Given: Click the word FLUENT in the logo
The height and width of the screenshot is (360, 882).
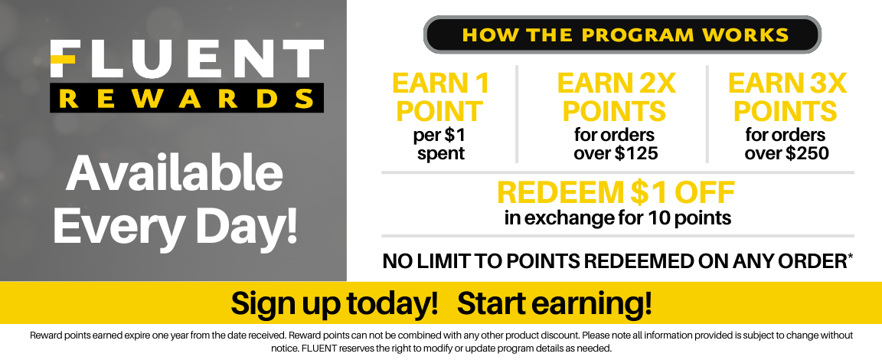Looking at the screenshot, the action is (x=187, y=59).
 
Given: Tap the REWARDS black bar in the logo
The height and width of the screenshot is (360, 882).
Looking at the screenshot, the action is (x=187, y=98).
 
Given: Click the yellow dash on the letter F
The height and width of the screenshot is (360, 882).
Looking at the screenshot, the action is (x=63, y=60).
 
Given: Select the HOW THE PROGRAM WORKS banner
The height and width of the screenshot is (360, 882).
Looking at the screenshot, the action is (x=622, y=35).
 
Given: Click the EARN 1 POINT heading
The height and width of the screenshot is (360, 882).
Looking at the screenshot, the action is (x=440, y=97).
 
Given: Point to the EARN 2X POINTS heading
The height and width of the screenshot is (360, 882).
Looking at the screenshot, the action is (x=616, y=97).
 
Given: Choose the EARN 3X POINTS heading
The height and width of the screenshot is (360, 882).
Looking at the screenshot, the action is (x=786, y=97).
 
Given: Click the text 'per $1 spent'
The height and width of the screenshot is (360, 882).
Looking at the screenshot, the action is (x=440, y=145).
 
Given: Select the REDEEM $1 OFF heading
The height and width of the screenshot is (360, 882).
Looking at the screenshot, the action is (x=616, y=193).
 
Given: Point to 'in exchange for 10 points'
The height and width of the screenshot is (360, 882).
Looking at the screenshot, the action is (x=618, y=218).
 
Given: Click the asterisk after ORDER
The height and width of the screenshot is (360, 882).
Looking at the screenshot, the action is (x=850, y=257).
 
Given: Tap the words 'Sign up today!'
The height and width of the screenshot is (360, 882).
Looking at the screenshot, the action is (x=334, y=303).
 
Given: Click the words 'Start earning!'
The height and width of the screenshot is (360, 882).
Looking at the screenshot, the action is (x=554, y=303).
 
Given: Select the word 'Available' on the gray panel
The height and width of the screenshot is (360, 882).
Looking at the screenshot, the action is (x=175, y=173).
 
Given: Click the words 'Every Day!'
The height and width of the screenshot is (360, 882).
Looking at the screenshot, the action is (x=175, y=225).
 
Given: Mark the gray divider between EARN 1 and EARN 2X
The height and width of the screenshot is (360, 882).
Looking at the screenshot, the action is (x=517, y=114).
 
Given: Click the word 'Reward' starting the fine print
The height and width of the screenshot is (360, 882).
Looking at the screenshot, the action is (x=44, y=335).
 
